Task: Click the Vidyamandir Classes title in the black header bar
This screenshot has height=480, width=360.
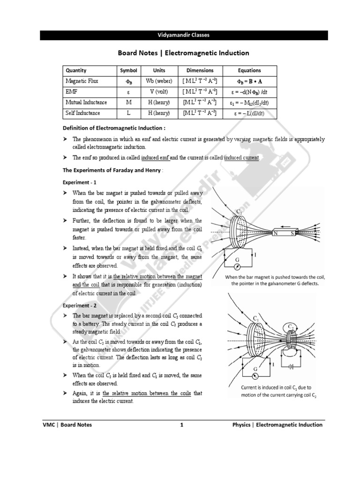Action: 180,35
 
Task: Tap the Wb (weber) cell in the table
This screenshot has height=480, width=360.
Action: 159,81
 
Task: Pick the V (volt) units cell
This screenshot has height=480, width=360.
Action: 159,92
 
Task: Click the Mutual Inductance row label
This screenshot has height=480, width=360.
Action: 86,102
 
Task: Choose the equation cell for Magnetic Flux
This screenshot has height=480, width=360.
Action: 249,81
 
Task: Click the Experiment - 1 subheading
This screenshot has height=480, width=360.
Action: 80,182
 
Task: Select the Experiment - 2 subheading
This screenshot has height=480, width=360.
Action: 80,305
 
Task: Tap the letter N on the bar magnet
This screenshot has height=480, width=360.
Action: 276,233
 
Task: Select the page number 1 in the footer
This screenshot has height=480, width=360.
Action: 180,425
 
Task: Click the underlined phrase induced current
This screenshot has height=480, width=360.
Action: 241,157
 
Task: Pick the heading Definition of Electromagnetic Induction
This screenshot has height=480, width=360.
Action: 114,128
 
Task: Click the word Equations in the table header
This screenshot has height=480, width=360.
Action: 249,70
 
